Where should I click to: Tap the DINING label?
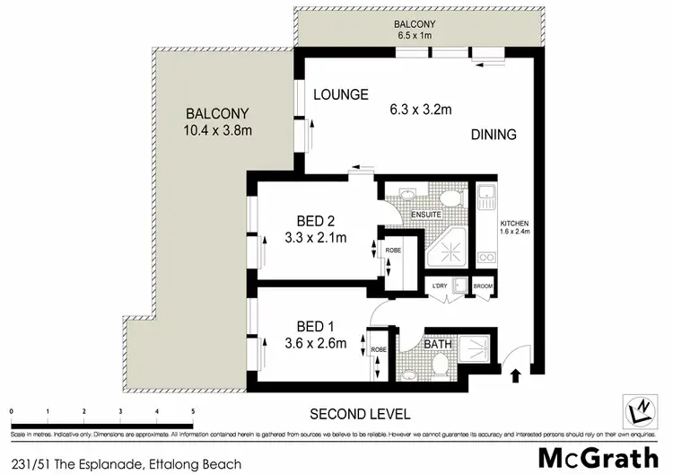click(493, 136)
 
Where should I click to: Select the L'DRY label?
click(440, 286)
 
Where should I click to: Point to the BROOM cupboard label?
click(484, 286)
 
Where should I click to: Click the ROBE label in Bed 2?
click(393, 251)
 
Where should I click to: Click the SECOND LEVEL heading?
click(360, 414)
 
